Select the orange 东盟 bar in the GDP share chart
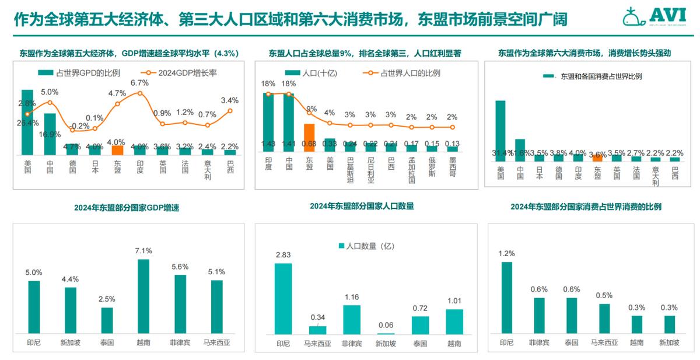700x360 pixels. [x=118, y=150]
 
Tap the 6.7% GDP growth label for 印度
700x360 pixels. [x=140, y=83]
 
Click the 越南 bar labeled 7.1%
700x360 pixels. [x=143, y=296]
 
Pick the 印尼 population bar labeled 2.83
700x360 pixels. [x=283, y=298]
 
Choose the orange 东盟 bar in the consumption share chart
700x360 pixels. [x=597, y=158]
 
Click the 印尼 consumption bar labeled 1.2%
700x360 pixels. [x=506, y=298]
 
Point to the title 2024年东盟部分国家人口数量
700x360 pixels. [x=362, y=206]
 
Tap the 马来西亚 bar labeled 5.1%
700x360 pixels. [x=216, y=306]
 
